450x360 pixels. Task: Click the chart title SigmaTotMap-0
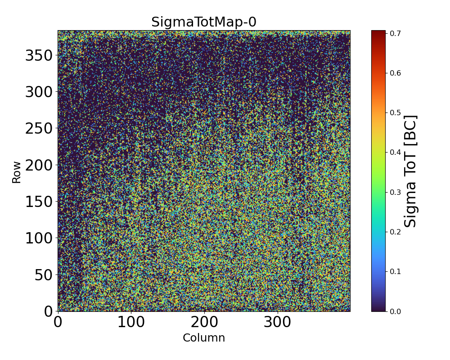tap(203, 22)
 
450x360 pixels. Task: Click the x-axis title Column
tap(203, 338)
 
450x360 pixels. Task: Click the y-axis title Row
tap(17, 173)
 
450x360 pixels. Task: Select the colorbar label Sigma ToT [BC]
tap(410, 171)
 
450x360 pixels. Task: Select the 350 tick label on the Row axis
tap(39, 55)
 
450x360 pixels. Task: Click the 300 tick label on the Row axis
tap(39, 92)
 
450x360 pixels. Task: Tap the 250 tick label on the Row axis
tap(39, 128)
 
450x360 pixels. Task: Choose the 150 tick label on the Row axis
tap(39, 202)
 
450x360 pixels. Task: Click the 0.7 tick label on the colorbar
tap(396, 33)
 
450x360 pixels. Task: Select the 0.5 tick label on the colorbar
tap(396, 112)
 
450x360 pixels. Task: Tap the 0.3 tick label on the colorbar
tap(396, 192)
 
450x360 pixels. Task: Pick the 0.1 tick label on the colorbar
tap(396, 271)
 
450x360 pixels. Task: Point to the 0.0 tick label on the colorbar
tap(396, 311)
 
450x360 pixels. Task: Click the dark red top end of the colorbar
tap(378, 32)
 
